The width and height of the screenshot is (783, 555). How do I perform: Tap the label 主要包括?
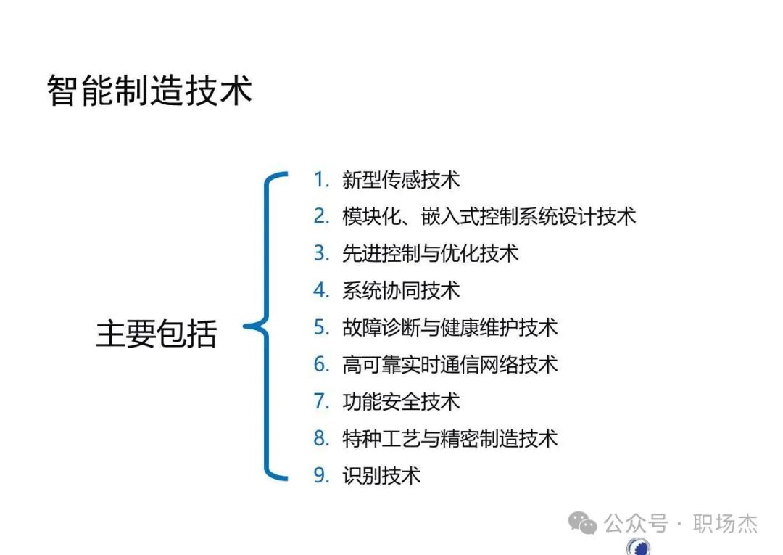[157, 334]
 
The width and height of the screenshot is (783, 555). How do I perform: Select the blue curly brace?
[267, 327]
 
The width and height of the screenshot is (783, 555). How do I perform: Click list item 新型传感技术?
[401, 179]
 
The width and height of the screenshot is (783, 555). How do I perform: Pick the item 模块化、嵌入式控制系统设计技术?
[489, 216]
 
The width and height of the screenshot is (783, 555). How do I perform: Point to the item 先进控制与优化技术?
[430, 253]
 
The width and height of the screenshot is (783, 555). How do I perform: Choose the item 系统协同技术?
[401, 290]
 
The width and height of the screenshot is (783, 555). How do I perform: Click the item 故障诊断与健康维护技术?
[449, 327]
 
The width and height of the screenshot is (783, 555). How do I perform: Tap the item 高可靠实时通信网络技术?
[449, 364]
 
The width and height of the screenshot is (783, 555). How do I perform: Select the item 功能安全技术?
[401, 401]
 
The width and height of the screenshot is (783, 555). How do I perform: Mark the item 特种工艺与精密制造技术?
[449, 438]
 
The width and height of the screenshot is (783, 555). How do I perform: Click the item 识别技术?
[381, 476]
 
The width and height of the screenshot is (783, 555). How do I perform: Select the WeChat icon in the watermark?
[583, 522]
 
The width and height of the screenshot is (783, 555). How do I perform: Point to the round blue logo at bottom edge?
[638, 547]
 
